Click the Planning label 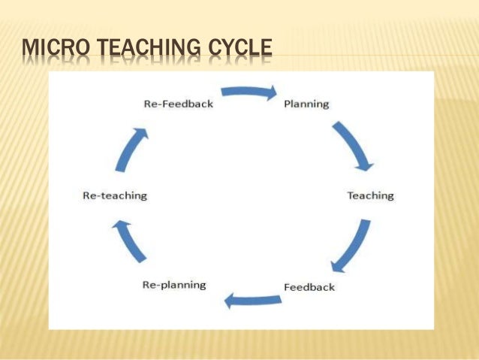click(306, 104)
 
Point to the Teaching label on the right click(370, 195)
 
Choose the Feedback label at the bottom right click(309, 287)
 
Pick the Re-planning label click(174, 285)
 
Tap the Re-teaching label click(114, 195)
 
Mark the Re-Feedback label click(178, 104)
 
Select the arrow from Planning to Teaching click(352, 144)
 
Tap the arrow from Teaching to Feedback click(352, 245)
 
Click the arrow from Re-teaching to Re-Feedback click(131, 148)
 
